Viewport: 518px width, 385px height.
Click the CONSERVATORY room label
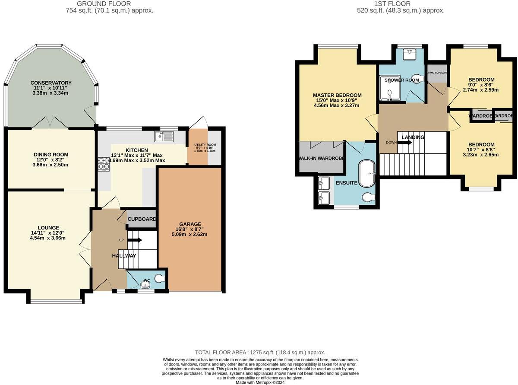[51, 83]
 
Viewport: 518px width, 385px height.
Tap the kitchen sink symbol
[164, 137]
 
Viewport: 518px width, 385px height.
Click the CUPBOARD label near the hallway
[142, 220]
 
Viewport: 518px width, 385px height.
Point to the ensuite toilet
[369, 197]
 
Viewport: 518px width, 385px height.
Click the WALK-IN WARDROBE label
[320, 158]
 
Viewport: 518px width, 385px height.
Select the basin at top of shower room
[409, 54]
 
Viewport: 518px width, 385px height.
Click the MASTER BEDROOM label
[337, 95]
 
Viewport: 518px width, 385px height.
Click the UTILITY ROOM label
[205, 145]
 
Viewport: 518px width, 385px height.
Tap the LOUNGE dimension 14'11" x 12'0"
[48, 233]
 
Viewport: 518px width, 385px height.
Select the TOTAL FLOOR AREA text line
[260, 353]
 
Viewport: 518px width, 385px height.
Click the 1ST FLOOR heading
[401, 4]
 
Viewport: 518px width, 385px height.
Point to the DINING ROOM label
[51, 154]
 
